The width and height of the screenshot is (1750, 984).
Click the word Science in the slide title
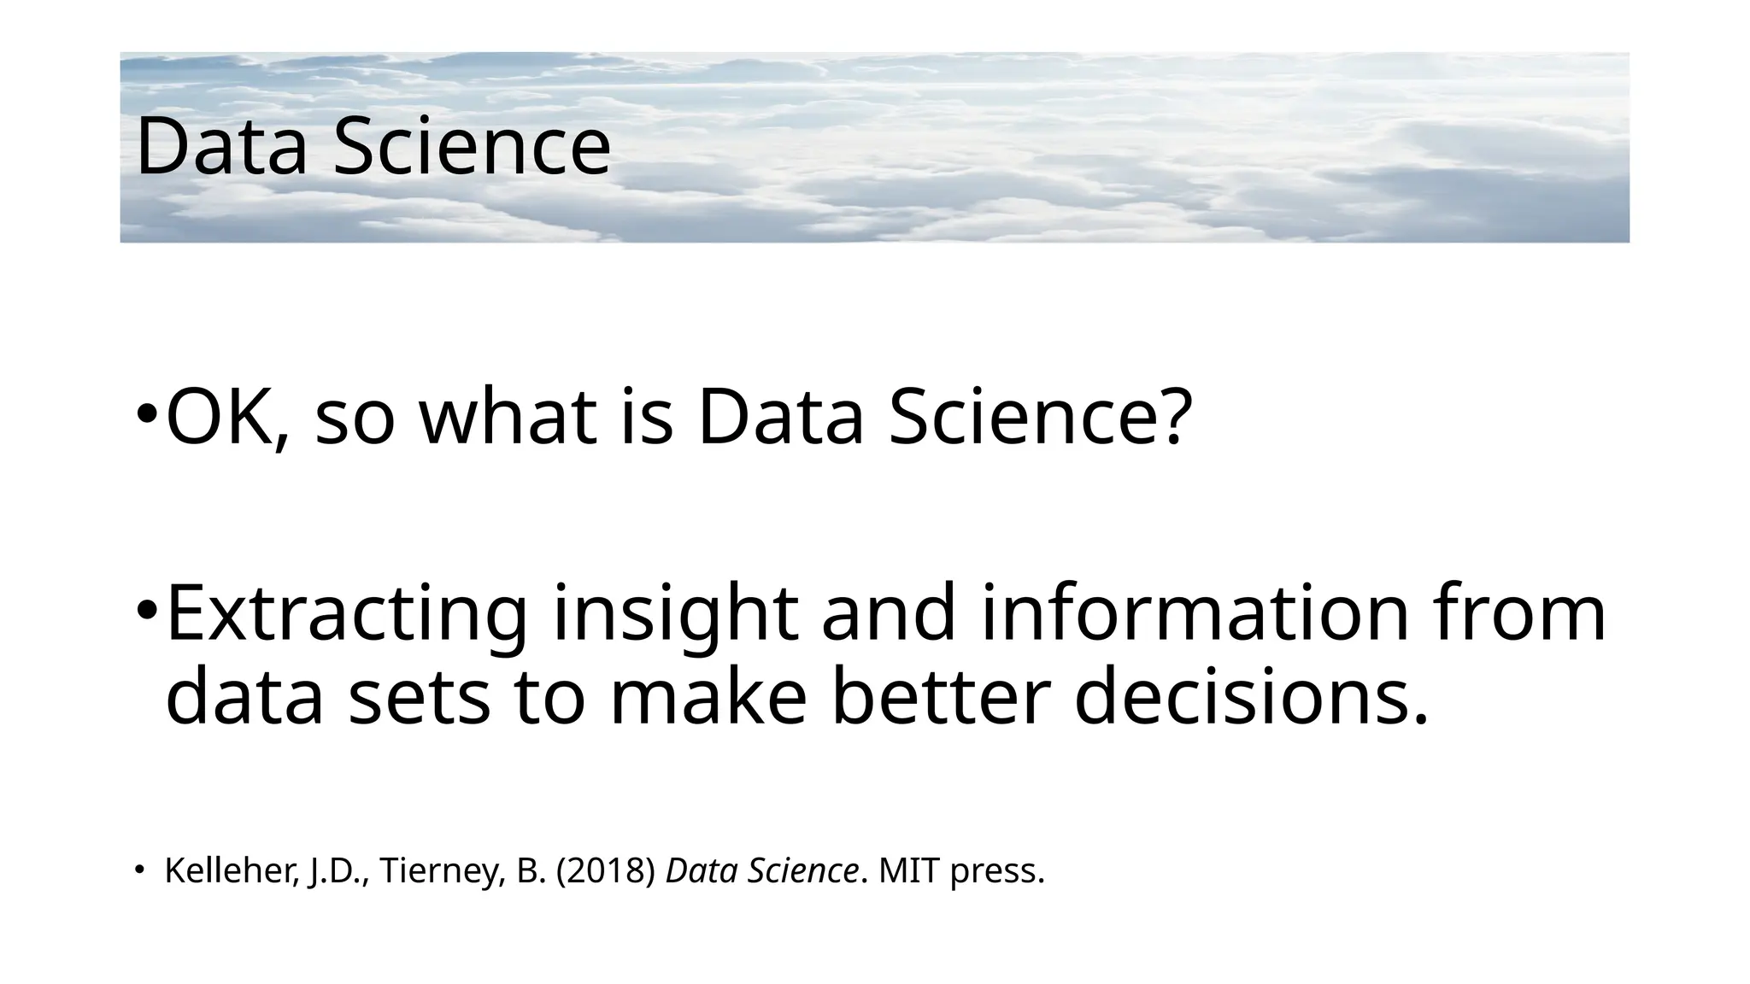click(x=472, y=147)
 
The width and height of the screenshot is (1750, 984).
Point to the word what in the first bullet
click(x=508, y=419)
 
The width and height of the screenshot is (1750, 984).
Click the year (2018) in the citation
click(x=605, y=871)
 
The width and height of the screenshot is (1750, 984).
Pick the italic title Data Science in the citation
click(x=761, y=871)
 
